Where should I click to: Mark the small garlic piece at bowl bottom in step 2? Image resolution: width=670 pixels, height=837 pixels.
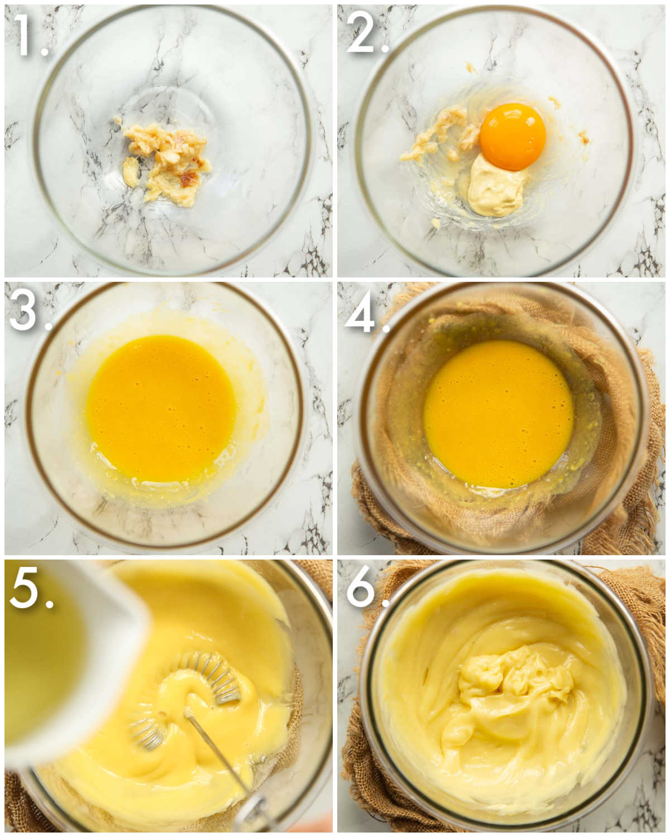click(435, 223)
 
